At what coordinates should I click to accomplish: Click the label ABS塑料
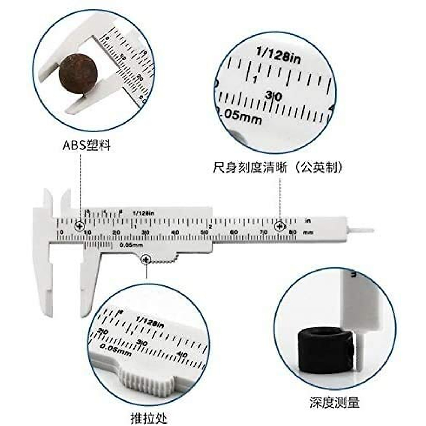point(87,145)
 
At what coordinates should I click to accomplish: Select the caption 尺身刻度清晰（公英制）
point(279,167)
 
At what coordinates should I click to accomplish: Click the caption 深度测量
point(334,402)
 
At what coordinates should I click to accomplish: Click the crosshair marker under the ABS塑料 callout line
point(80,226)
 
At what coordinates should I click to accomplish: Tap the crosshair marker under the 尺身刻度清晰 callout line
point(280,226)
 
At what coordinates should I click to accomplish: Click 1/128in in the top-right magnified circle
point(279,55)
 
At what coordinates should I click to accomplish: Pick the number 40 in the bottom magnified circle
point(182,354)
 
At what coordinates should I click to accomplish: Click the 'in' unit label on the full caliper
point(308,221)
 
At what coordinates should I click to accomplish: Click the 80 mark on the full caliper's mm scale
point(293,232)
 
